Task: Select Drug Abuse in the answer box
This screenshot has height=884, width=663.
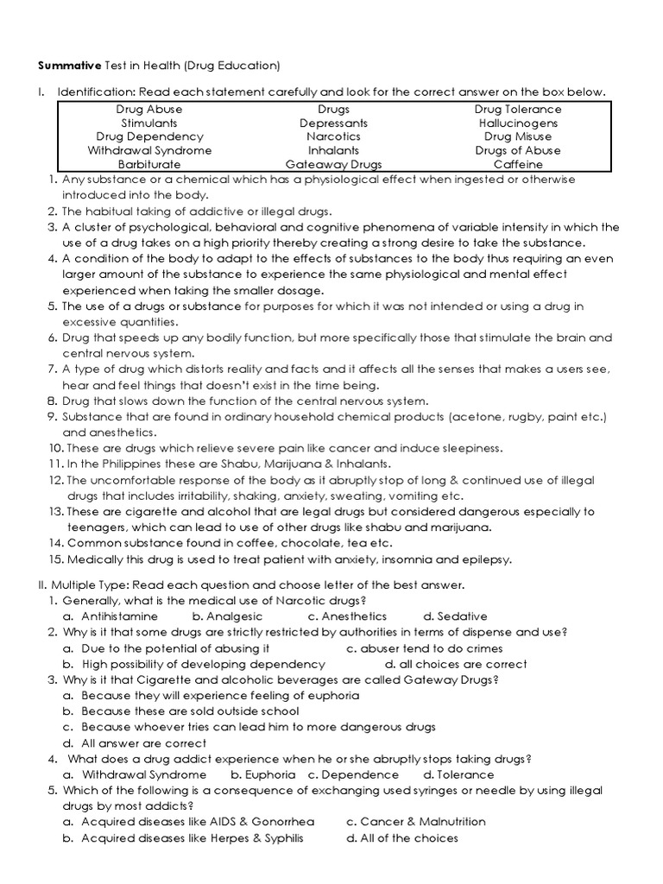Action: [149, 110]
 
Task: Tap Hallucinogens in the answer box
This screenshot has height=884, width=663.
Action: [517, 123]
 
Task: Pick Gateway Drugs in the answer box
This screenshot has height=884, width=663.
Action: [333, 164]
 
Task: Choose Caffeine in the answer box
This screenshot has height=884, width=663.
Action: [518, 164]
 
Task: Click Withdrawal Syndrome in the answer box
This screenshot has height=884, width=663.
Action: [149, 150]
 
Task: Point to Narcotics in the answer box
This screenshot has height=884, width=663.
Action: [333, 136]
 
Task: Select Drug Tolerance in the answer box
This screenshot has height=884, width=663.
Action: [518, 110]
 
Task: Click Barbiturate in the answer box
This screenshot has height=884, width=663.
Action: [149, 164]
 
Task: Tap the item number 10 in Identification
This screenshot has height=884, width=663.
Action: [54, 448]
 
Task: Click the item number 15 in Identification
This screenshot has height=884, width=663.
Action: [54, 559]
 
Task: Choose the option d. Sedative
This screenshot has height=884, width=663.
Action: [455, 616]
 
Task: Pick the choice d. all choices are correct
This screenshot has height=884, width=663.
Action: [456, 665]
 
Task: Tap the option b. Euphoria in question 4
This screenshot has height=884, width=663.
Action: [258, 774]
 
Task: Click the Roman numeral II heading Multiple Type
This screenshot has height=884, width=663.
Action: [95, 584]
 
